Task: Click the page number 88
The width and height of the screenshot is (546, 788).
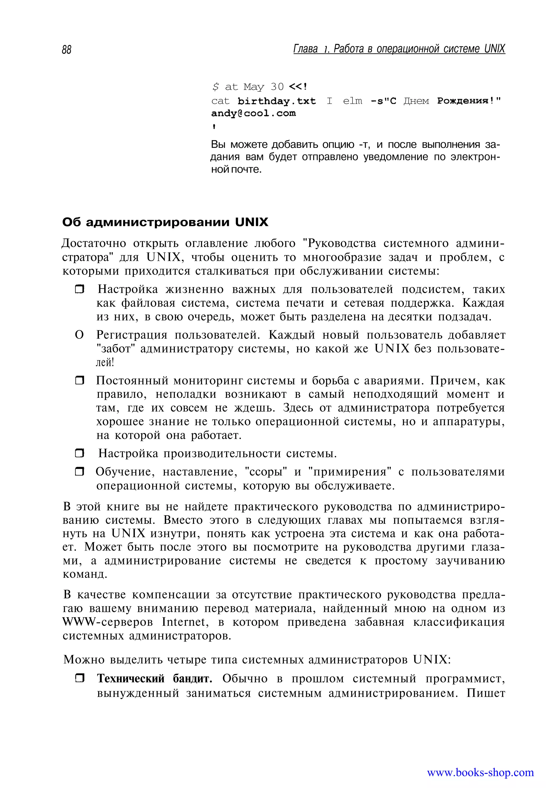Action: (x=67, y=50)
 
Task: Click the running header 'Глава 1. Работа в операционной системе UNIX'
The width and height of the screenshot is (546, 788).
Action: (x=399, y=49)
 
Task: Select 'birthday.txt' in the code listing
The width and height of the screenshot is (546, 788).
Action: (x=276, y=101)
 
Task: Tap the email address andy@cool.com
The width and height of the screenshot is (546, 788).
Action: (x=253, y=113)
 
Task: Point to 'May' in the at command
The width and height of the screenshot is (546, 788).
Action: (x=254, y=87)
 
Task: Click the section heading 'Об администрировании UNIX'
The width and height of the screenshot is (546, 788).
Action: (x=165, y=222)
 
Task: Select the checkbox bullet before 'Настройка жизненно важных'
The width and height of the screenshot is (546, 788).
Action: (x=79, y=290)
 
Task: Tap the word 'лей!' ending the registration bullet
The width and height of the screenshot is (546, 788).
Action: (x=105, y=362)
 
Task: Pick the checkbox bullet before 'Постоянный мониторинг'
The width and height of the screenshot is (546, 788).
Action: (x=79, y=380)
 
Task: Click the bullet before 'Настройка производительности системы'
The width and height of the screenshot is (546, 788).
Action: (x=79, y=453)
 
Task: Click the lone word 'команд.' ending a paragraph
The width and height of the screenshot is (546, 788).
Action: (x=85, y=574)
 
